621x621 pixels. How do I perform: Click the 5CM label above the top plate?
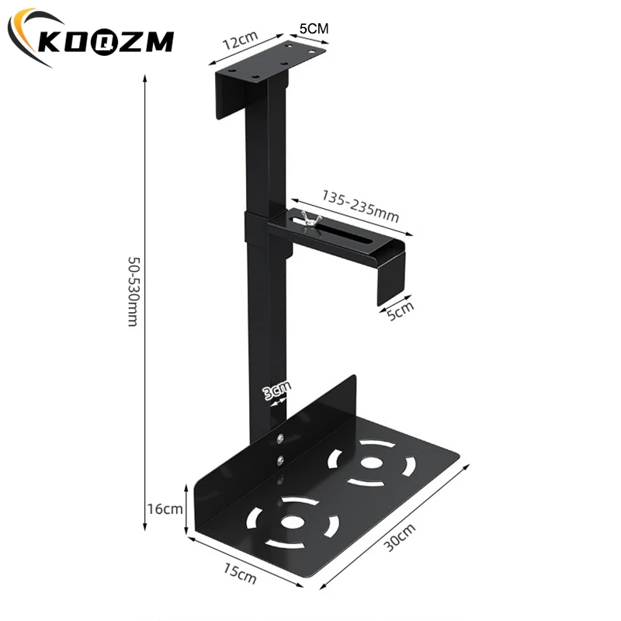(314, 27)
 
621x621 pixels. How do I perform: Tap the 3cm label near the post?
(276, 390)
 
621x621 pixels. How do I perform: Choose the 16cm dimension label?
(165, 509)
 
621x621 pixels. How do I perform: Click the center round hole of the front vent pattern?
(293, 521)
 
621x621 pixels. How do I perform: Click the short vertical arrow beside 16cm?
(186, 508)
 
